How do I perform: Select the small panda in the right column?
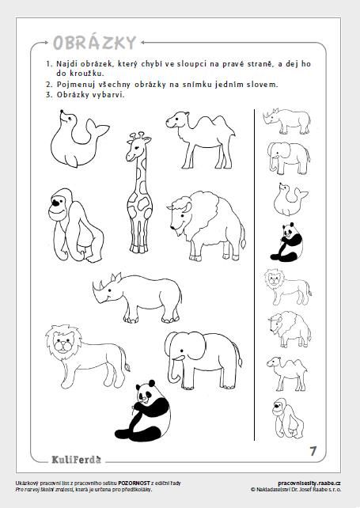(x=286, y=242)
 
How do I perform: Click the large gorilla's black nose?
(x=56, y=203)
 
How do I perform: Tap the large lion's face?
(x=63, y=344)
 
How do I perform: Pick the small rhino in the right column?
(x=287, y=121)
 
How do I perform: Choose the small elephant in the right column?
(x=288, y=158)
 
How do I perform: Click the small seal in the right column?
(x=290, y=199)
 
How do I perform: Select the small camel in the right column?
(x=287, y=373)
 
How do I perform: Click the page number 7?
(x=313, y=451)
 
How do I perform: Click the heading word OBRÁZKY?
(x=94, y=43)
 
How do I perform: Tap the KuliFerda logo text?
(x=77, y=460)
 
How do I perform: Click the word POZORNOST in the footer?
(x=134, y=483)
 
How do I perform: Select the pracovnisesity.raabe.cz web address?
(x=309, y=483)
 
